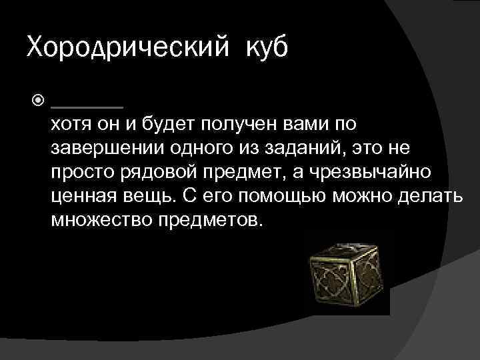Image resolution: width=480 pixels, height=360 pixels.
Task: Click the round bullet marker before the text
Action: (37, 102)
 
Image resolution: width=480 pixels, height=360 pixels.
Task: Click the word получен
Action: (229, 124)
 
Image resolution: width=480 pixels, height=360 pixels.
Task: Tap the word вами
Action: (301, 124)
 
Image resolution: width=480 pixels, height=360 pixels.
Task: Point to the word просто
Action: (80, 173)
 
